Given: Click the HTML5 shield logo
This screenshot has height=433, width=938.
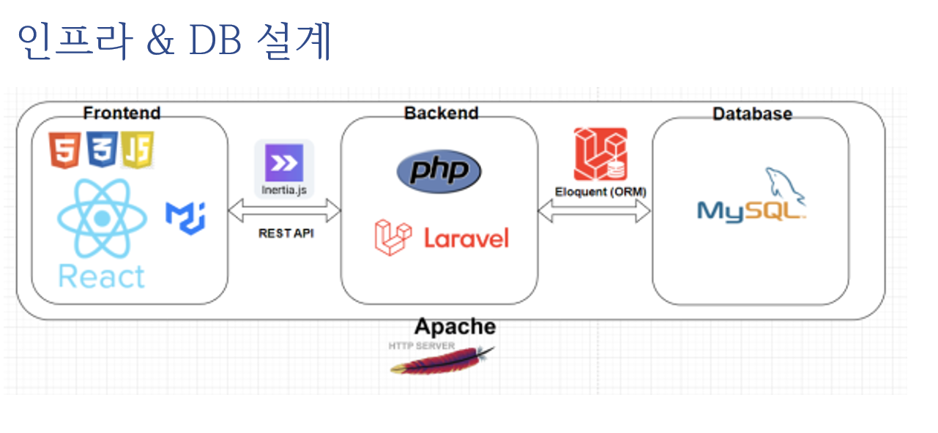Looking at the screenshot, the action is click(x=64, y=150).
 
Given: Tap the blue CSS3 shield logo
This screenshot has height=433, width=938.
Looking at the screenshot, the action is click(x=102, y=149).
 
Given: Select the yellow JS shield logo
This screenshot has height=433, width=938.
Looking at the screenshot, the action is click(x=138, y=150).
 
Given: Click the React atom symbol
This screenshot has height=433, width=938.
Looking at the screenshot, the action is click(x=103, y=218).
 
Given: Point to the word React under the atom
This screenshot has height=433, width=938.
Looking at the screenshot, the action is click(x=102, y=277).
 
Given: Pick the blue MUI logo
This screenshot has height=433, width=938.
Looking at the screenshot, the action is click(x=185, y=218).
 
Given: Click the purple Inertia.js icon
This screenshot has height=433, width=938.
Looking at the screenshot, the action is click(x=284, y=162).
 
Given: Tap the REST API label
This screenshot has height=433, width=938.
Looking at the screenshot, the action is click(x=286, y=233).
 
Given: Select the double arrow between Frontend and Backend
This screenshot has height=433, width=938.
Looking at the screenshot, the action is click(x=285, y=211).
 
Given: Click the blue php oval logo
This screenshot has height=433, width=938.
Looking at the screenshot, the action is click(x=439, y=171).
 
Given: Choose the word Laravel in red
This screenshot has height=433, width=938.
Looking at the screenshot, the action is click(x=466, y=238).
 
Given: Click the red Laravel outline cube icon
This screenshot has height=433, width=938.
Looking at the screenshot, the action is click(x=392, y=237).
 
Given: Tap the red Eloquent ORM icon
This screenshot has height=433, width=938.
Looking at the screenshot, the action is click(x=600, y=154).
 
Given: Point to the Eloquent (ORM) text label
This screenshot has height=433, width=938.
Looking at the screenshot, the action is click(x=600, y=192).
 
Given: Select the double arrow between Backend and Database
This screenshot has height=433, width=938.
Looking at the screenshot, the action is click(x=595, y=211).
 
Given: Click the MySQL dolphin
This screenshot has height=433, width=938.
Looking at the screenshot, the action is click(x=785, y=187).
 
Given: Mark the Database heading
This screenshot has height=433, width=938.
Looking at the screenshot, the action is click(x=753, y=114).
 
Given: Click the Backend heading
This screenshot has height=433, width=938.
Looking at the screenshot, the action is click(x=441, y=113).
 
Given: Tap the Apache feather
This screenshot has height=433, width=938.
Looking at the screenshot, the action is click(x=442, y=361).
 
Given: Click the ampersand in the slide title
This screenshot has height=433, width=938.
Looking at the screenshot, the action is click(x=160, y=39).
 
